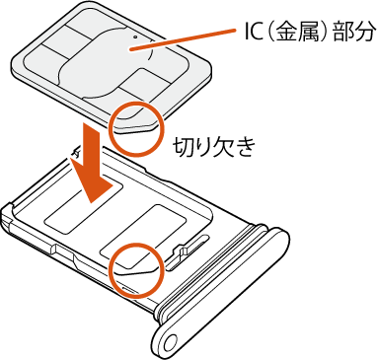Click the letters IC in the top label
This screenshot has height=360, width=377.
[253, 32]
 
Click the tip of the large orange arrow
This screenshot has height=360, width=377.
[93, 201]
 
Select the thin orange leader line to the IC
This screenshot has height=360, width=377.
[183, 40]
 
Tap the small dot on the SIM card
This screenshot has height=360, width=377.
[135, 37]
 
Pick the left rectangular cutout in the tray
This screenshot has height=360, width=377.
[84, 208]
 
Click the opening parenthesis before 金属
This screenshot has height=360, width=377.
[269, 32]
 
